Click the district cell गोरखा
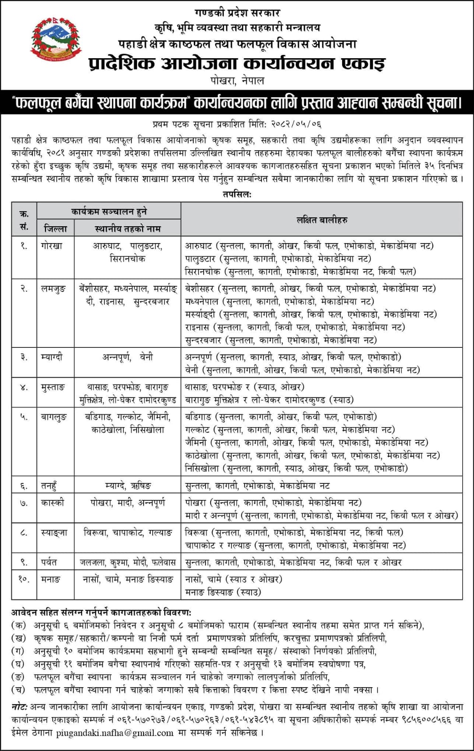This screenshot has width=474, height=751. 51,245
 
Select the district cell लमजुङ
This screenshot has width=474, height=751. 54,289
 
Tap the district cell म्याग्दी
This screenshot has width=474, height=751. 52,357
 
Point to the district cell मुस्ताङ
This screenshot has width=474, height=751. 53,387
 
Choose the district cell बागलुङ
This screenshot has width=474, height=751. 54,417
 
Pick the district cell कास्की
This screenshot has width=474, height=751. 52,503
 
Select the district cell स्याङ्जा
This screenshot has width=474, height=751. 54,533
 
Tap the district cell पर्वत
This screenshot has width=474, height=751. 49,562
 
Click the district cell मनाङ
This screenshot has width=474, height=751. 51,579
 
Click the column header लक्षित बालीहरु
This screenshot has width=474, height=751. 321,220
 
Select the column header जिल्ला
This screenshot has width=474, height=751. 55,229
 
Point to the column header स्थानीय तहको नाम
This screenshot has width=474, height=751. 128,229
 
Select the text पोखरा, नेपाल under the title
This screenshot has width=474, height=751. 237,80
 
